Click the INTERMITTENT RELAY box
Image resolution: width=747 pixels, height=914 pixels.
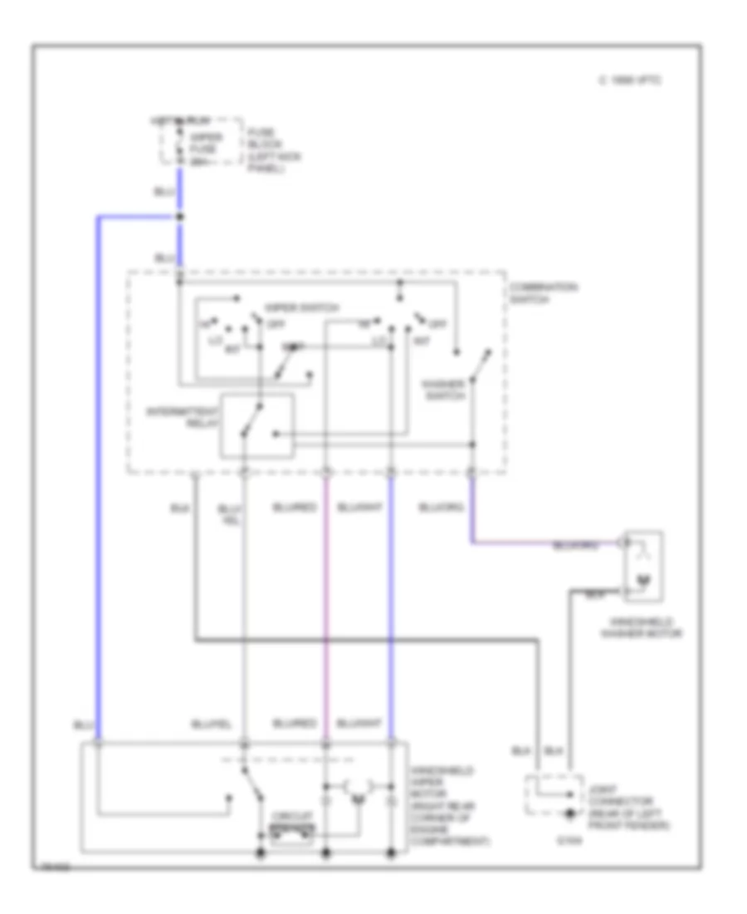pos(256,425)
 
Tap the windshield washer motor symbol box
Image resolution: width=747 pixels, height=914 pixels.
pos(644,566)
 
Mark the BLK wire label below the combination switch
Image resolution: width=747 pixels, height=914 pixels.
pos(178,507)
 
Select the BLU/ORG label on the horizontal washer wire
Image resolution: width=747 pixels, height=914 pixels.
pos(574,546)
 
